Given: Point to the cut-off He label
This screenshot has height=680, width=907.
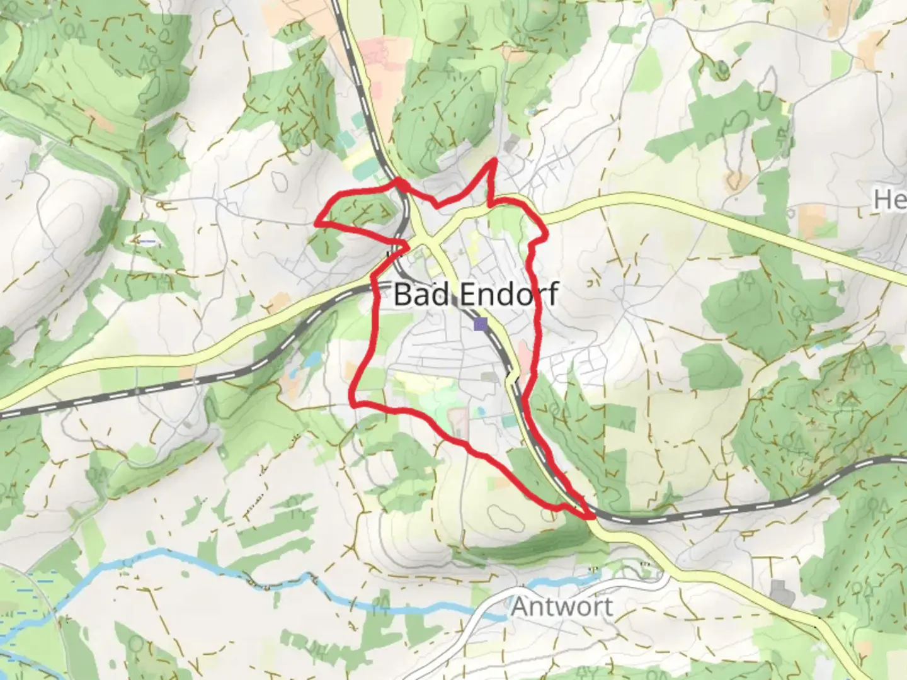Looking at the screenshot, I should tap(889, 200).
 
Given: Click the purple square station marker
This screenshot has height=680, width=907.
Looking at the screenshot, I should tap(481, 324).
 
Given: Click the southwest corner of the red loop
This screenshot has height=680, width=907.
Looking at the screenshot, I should tap(354, 403).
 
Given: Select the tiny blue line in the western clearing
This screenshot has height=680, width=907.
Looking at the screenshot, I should tap(146, 241).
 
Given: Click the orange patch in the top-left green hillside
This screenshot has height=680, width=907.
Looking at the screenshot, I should tap(100, 120).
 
